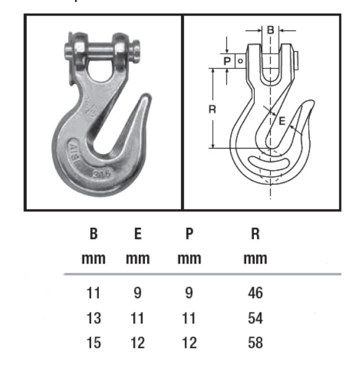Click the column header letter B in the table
94,234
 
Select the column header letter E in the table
137,234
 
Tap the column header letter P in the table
189,234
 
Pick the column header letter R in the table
255,234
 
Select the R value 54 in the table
255,319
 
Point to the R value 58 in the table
255,343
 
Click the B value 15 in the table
94,343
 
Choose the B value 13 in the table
94,319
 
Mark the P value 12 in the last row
188,343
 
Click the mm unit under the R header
255,259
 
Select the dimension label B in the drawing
270,29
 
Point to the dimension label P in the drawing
227,60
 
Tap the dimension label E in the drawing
283,121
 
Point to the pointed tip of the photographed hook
146,95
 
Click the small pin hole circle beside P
238,60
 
